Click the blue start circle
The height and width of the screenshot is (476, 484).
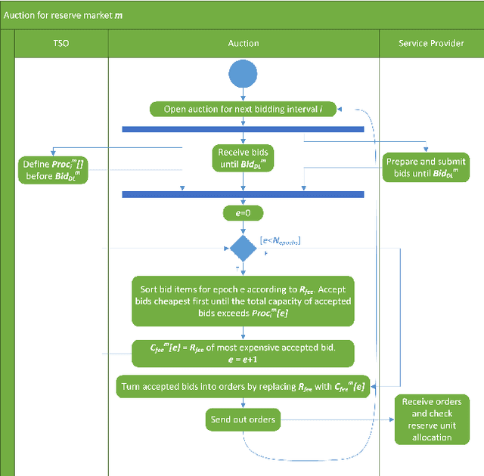click(x=243, y=74)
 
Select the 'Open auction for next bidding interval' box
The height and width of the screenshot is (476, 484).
click(x=243, y=110)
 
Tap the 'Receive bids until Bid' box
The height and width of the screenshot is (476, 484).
click(x=243, y=159)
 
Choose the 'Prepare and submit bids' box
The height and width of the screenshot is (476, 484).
click(x=426, y=168)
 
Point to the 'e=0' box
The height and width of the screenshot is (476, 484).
click(x=243, y=214)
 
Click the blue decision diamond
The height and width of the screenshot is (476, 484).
click(x=243, y=248)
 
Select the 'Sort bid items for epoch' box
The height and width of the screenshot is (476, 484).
click(x=243, y=301)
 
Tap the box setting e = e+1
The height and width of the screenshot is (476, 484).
click(x=243, y=353)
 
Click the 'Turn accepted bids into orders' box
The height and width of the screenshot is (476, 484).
click(x=243, y=388)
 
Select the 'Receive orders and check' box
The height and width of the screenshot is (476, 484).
click(x=432, y=419)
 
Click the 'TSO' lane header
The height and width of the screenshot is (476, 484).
click(x=60, y=43)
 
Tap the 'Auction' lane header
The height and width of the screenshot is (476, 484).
click(x=243, y=43)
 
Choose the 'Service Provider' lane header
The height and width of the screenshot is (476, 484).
click(x=431, y=43)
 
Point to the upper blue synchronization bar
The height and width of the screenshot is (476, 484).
click(x=243, y=129)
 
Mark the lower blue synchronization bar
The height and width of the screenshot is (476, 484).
click(x=243, y=194)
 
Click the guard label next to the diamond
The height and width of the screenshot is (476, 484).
click(x=280, y=240)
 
